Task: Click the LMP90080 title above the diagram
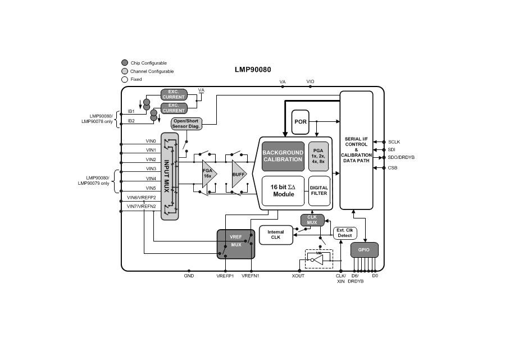point(253,70)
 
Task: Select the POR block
point(300,122)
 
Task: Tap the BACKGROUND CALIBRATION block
point(283,156)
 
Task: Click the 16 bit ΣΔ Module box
point(284,190)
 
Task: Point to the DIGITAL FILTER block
point(319,190)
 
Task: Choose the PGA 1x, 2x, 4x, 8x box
point(319,156)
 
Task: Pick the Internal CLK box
point(276,235)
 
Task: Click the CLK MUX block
point(312,220)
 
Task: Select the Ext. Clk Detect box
point(345,233)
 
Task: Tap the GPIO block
point(364,249)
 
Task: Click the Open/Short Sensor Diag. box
point(187,124)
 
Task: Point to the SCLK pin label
point(394,142)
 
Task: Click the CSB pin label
point(392,168)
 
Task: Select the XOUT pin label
point(298,276)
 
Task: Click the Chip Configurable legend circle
point(125,63)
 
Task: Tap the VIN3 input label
point(151,168)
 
